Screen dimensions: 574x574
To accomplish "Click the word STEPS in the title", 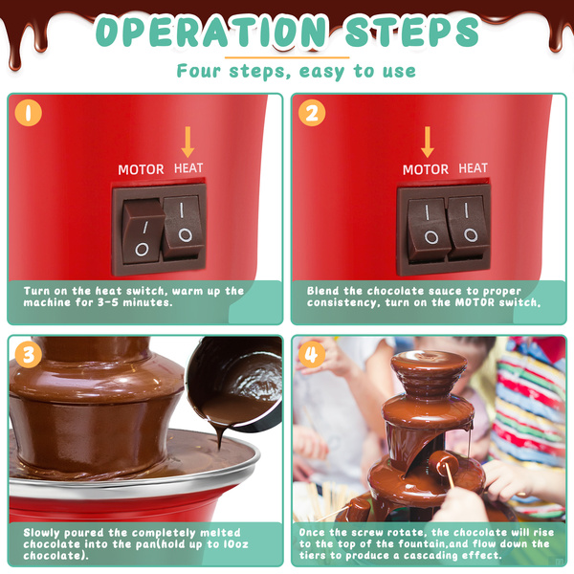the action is click(x=411, y=32).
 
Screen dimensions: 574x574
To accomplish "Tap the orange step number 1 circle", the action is click(x=28, y=113).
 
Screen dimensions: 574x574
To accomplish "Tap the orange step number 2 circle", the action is click(x=312, y=113).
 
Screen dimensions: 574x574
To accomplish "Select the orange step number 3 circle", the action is click(x=28, y=355).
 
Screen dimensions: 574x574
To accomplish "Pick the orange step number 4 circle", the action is click(x=312, y=355).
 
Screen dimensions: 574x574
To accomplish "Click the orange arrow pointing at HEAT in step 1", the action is click(x=188, y=142).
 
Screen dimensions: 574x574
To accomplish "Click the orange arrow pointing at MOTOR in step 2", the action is click(x=428, y=142).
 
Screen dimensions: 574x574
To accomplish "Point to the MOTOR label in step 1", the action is click(x=141, y=169).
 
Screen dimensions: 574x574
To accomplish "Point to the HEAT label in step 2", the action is click(x=473, y=168).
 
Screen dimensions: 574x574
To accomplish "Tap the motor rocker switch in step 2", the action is click(x=428, y=230).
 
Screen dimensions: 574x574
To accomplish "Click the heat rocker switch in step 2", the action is click(x=468, y=227).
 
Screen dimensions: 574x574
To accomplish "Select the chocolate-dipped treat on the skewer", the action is click(x=444, y=463).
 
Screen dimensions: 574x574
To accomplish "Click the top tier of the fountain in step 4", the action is click(x=429, y=368).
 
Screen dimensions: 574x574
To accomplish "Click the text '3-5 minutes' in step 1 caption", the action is click(x=136, y=302).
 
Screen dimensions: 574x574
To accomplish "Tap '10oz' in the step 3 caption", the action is click(x=236, y=544).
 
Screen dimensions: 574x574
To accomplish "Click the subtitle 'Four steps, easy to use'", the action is click(x=297, y=71).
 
